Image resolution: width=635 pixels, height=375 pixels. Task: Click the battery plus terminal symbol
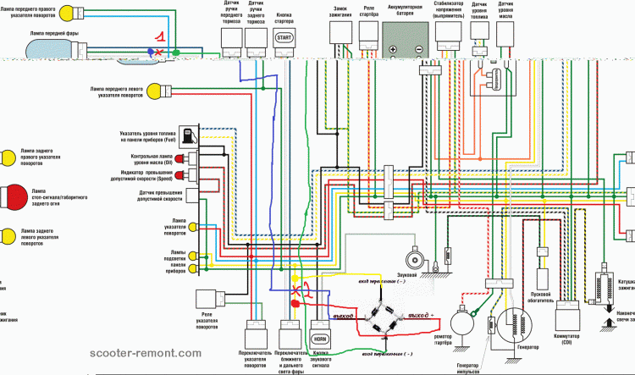pos(394,50)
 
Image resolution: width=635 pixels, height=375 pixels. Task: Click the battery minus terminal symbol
pos(417,50)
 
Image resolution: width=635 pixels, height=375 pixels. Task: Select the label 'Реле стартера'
pos(368,12)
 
